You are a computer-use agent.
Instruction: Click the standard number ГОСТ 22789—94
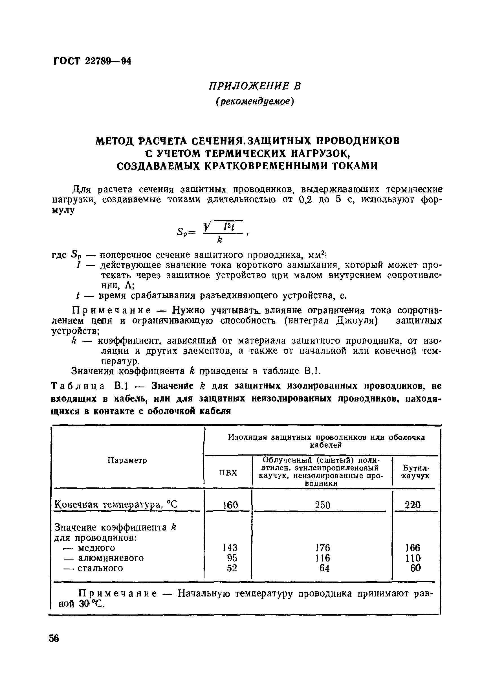[x=92, y=61]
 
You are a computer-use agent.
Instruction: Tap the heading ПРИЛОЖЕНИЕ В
[x=255, y=86]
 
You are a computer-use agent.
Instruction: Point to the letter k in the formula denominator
[x=219, y=241]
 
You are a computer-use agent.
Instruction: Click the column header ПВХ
[x=228, y=472]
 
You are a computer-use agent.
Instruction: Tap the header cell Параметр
[x=127, y=460]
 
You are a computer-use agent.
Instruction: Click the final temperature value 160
[x=230, y=505]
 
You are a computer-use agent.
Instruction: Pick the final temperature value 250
[x=322, y=505]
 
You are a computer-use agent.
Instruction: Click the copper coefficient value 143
[x=230, y=548]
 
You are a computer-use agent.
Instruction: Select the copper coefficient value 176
[x=323, y=548]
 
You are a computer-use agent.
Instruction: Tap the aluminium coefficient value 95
[x=232, y=558]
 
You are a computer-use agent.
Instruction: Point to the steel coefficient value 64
[x=325, y=568]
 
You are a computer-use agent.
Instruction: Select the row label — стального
[x=93, y=568]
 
